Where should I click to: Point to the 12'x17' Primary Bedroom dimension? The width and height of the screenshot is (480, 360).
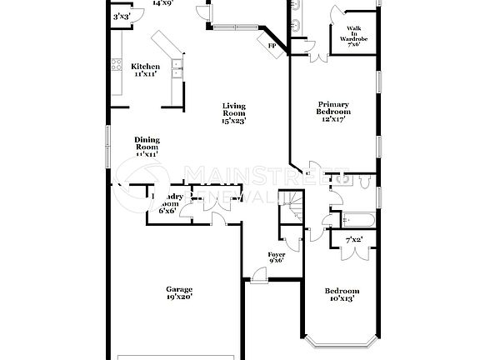pyautogui.click(x=332, y=119)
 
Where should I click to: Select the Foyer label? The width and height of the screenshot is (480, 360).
pyautogui.click(x=276, y=253)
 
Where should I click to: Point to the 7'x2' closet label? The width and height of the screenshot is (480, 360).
pyautogui.click(x=354, y=241)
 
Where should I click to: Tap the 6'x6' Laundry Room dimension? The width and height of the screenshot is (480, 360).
pyautogui.click(x=167, y=211)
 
